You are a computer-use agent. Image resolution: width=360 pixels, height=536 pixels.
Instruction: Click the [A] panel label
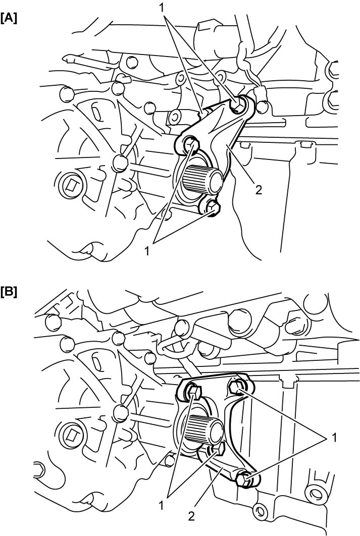[x=9, y=18]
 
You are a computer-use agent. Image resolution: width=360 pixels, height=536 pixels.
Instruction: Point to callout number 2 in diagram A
[x=259, y=189]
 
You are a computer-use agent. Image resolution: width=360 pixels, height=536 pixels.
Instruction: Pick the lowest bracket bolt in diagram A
[x=212, y=208]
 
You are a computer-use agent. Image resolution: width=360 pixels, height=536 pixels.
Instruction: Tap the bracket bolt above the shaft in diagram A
[x=191, y=144]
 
